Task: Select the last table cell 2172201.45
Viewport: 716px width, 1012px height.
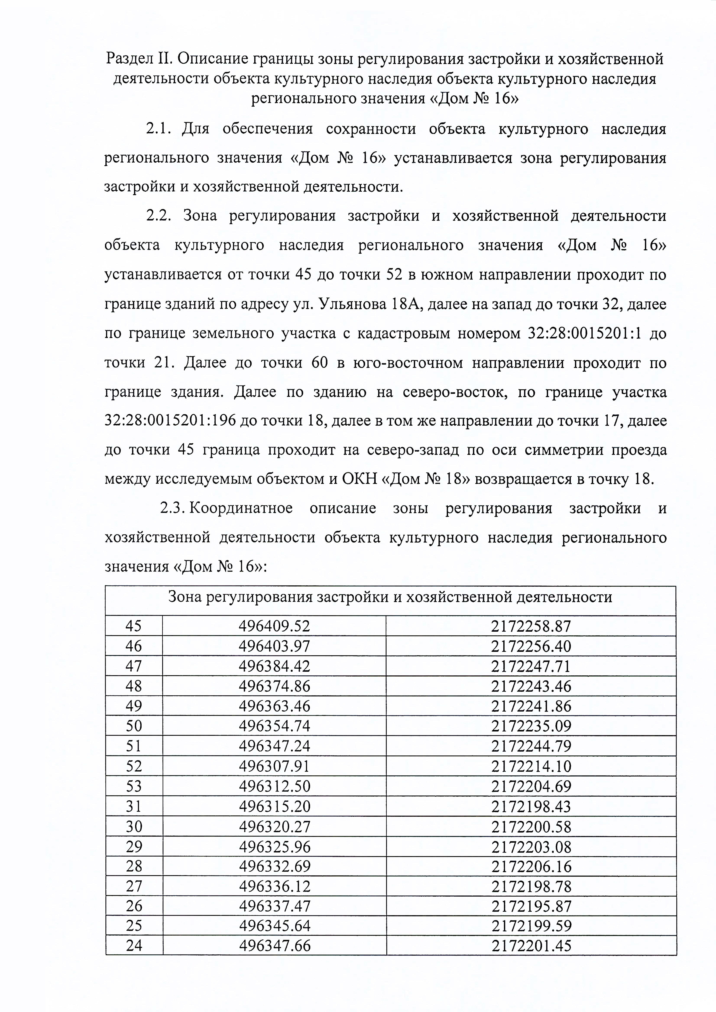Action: [x=531, y=946]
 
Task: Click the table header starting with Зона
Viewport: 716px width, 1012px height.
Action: [x=390, y=597]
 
